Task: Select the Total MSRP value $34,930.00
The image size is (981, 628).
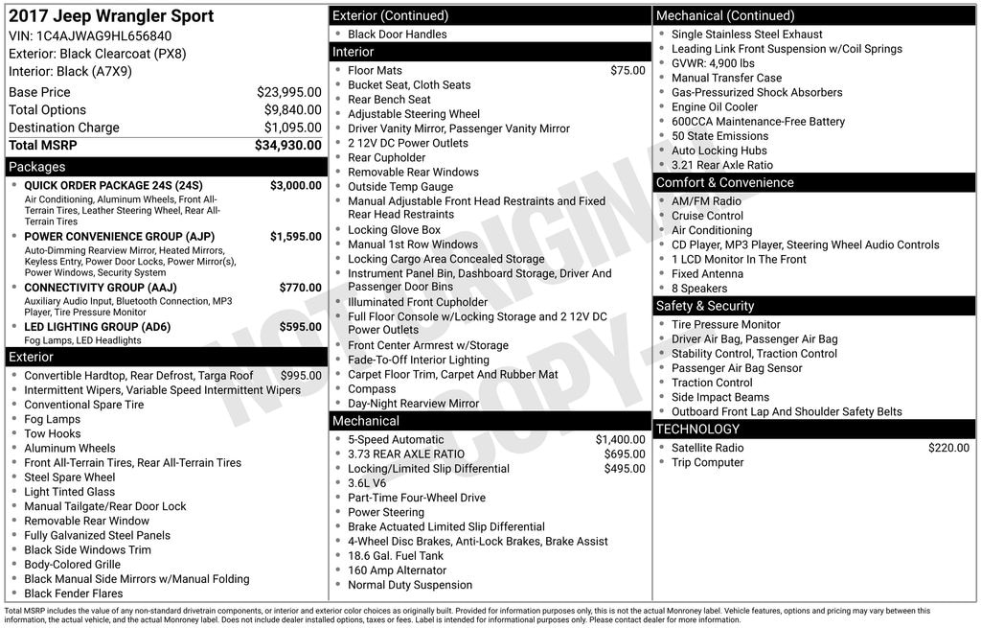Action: click(287, 145)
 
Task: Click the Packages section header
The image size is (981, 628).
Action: click(37, 167)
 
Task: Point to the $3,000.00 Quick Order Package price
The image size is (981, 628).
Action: click(296, 185)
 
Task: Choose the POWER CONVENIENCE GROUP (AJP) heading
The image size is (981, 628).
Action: click(119, 236)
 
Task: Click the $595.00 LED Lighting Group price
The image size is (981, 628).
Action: click(301, 326)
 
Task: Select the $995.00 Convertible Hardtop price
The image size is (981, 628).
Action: click(301, 375)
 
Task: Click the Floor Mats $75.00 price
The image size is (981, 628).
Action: click(627, 70)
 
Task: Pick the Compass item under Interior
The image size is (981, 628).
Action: click(372, 389)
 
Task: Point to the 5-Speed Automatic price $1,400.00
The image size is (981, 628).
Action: click(620, 439)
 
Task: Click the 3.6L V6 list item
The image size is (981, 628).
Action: click(367, 483)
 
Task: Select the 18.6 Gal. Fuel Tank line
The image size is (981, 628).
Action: click(396, 555)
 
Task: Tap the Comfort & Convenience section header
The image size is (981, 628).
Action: click(724, 182)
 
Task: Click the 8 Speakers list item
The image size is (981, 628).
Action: click(699, 288)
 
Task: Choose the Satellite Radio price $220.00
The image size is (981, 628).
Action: click(948, 448)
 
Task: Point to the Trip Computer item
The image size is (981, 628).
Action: click(707, 462)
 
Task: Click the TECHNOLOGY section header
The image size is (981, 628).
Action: click(697, 429)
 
